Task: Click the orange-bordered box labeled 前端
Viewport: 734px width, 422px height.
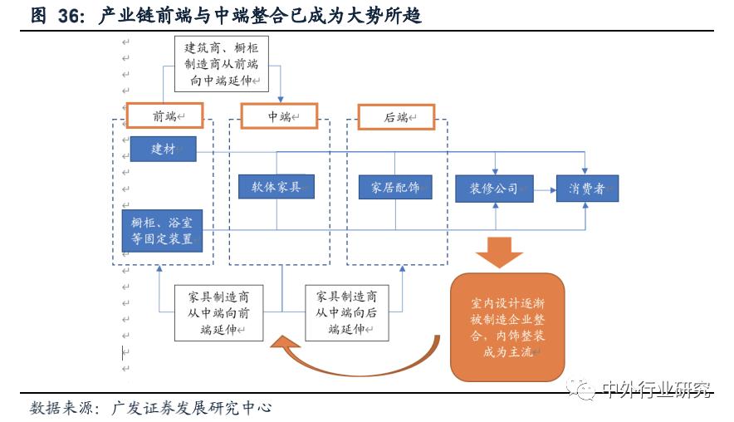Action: click(x=164, y=115)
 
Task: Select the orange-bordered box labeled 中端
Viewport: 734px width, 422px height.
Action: click(x=279, y=115)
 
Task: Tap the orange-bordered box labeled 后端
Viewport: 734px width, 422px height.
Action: click(x=396, y=116)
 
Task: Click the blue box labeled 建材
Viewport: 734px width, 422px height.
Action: click(x=162, y=149)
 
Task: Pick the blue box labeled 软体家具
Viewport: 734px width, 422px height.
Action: click(x=276, y=186)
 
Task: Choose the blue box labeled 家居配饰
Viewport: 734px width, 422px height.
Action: click(x=394, y=187)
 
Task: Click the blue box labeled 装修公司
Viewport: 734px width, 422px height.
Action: click(x=495, y=188)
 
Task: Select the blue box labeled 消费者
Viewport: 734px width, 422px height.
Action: click(x=587, y=188)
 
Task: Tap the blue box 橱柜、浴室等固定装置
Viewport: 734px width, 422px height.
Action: click(x=162, y=231)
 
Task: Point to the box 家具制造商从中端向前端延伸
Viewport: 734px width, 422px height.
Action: click(x=218, y=312)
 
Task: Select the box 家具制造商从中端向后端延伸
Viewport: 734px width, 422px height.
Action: click(x=347, y=312)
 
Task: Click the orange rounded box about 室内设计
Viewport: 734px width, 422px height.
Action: click(x=507, y=327)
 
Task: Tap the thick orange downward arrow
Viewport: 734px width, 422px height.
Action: click(x=500, y=251)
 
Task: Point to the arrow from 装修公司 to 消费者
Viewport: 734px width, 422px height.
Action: click(x=545, y=189)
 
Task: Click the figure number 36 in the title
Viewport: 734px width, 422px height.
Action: click(x=71, y=16)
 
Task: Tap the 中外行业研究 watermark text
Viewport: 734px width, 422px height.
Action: click(x=656, y=388)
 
